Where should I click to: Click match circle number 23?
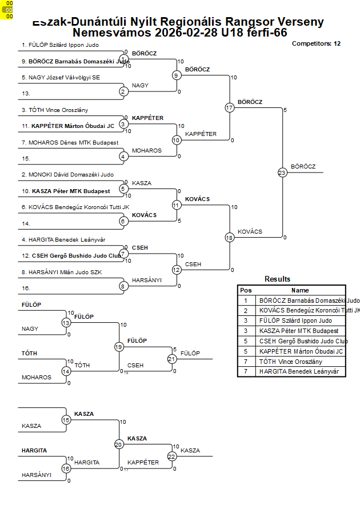pyautogui.click(x=282, y=172)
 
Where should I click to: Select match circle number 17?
pyautogui.click(x=229, y=107)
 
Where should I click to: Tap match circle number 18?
pyautogui.click(x=229, y=237)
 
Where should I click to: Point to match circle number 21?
pyautogui.click(x=172, y=359)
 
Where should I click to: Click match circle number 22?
pyautogui.click(x=172, y=456)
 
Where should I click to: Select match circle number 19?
pyautogui.click(x=119, y=347)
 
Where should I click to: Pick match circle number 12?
pyautogui.click(x=177, y=270)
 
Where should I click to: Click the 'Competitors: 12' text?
pyautogui.click(x=316, y=43)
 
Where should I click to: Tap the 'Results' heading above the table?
pyautogui.click(x=277, y=279)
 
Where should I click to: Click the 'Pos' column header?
pyautogui.click(x=246, y=290)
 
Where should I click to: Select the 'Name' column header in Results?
pyautogui.click(x=300, y=290)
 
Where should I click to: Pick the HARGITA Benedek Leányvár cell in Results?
pyautogui.click(x=299, y=371)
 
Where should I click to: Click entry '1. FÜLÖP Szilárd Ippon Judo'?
pyautogui.click(x=60, y=45)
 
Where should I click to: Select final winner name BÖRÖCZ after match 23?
pyautogui.click(x=303, y=166)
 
